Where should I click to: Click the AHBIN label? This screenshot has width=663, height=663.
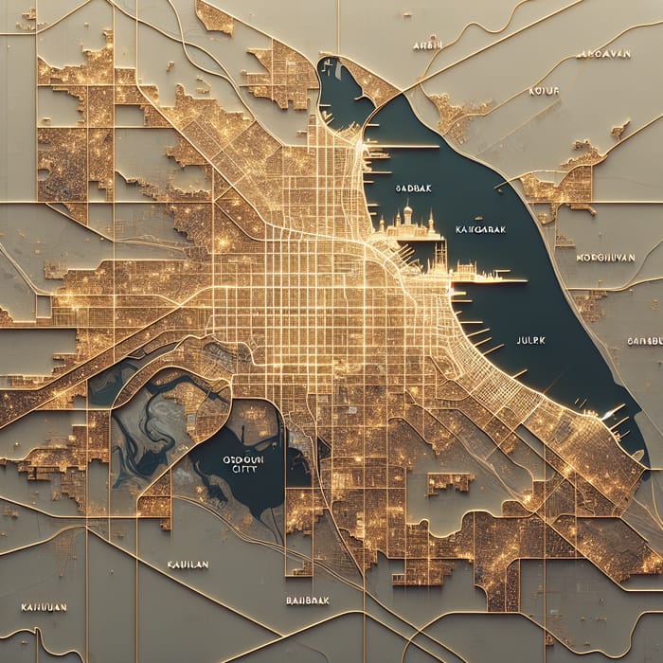click(x=428, y=45)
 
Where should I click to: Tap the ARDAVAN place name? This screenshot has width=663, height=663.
click(x=602, y=54)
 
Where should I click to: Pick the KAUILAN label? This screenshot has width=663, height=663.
click(x=186, y=564)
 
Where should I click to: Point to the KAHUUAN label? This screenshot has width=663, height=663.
click(x=43, y=606)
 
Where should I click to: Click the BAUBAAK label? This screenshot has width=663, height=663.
click(x=306, y=600)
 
